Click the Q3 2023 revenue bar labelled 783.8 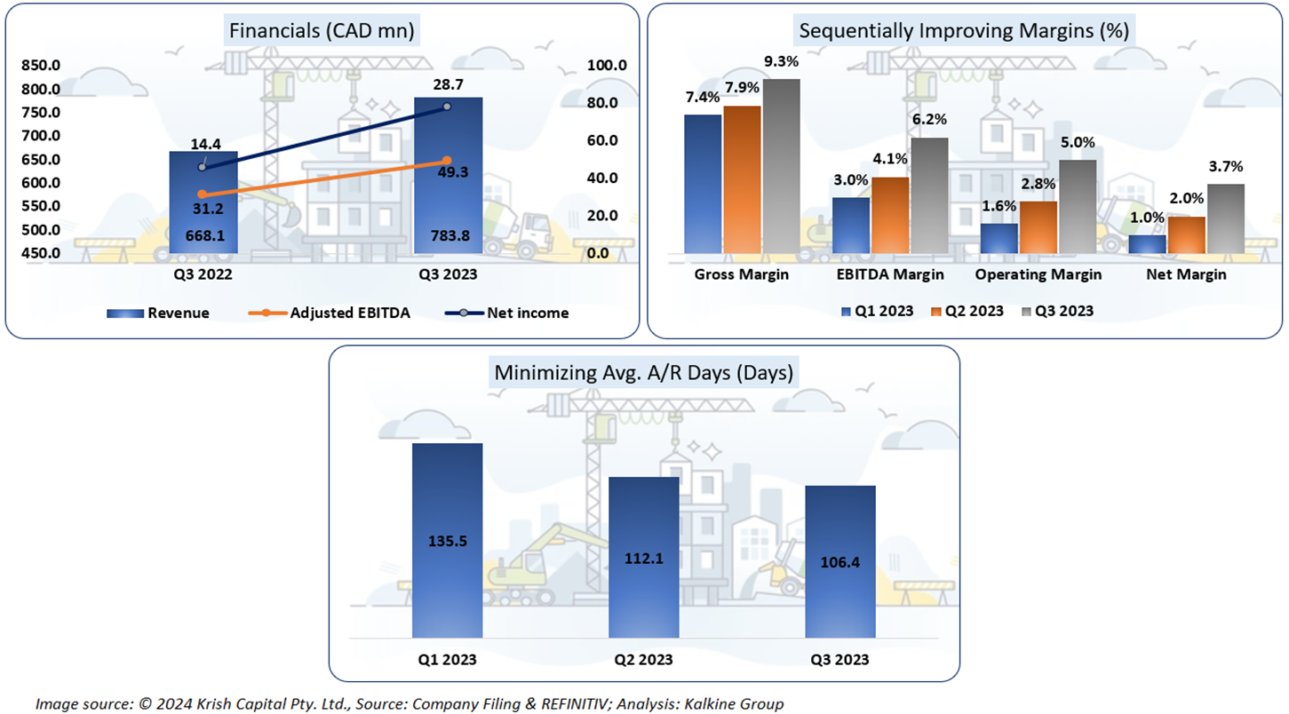[x=449, y=178]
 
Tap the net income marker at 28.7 [x=447, y=107]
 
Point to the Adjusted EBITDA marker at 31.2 [x=203, y=194]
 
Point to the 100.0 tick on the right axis [x=609, y=66]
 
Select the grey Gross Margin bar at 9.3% [x=781, y=166]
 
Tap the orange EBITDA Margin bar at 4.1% [x=890, y=216]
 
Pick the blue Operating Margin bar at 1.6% [x=999, y=239]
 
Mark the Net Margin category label [x=1186, y=274]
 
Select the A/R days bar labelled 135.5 [x=448, y=540]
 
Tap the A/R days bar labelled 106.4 [x=839, y=561]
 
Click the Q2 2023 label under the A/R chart [x=643, y=660]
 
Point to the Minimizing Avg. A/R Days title [x=644, y=373]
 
